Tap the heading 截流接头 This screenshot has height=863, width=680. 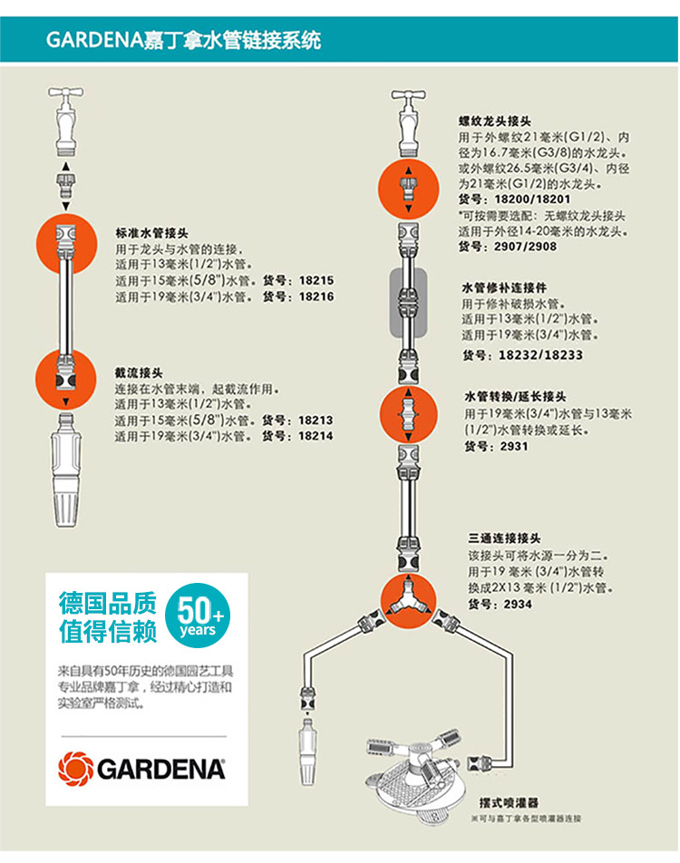(138, 372)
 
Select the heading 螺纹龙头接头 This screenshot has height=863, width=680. (494, 121)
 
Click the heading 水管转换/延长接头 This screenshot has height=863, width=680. (515, 397)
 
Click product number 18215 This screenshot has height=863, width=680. (316, 281)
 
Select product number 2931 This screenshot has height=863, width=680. (511, 446)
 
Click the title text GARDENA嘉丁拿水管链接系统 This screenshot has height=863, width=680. (182, 40)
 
